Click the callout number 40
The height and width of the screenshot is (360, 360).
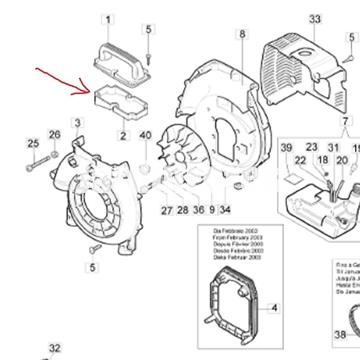pos(145,135)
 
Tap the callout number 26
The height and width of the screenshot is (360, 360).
pos(54,134)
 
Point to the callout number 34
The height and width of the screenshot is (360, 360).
pos(225,210)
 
